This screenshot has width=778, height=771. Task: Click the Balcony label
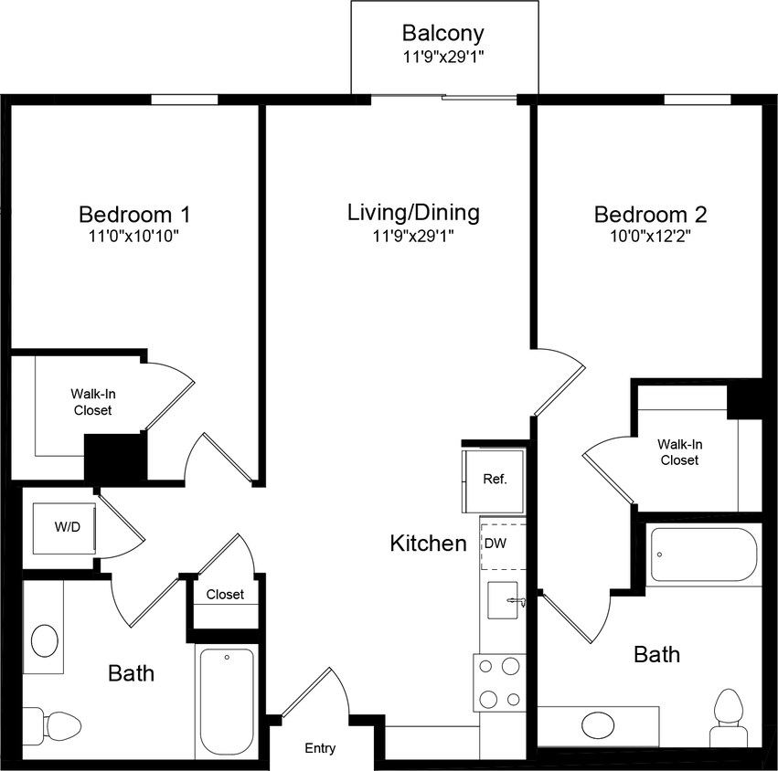[x=443, y=34]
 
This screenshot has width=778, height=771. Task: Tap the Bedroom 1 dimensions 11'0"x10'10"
[x=134, y=237]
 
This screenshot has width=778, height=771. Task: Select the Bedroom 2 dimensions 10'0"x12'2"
[x=650, y=237]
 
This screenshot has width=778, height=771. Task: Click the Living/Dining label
[x=413, y=213]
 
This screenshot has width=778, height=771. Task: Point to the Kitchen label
[x=428, y=544]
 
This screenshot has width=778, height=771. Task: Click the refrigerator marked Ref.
[x=495, y=480]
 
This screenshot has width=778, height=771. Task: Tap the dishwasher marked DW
[x=495, y=543]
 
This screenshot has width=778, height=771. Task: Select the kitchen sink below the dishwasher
[x=502, y=600]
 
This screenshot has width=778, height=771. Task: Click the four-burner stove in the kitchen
[x=499, y=681]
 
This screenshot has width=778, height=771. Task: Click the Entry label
[x=320, y=748]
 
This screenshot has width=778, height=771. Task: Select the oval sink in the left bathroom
[x=44, y=639]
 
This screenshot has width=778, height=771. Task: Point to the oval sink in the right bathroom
[x=599, y=725]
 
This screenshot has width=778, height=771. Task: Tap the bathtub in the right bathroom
[x=703, y=554]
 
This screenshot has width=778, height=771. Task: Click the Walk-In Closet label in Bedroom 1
[x=93, y=402]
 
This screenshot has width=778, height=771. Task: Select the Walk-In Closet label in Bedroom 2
[x=678, y=452]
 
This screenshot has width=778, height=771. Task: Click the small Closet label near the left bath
[x=225, y=595]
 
